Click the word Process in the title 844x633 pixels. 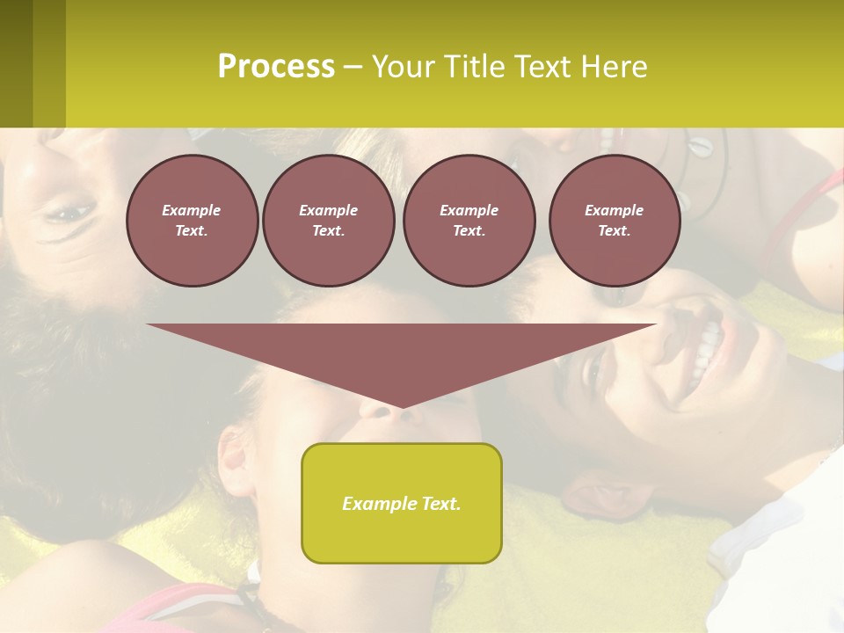(276, 67)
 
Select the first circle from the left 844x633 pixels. (192, 220)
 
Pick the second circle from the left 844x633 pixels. (328, 220)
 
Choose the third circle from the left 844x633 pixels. (469, 220)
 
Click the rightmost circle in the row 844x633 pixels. (614, 220)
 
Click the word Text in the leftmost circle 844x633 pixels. (191, 231)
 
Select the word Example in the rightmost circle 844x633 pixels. (614, 210)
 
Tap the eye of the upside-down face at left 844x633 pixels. (70, 212)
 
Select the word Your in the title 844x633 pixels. (401, 67)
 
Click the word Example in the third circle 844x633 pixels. (469, 210)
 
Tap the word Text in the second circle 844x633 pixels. (328, 231)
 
